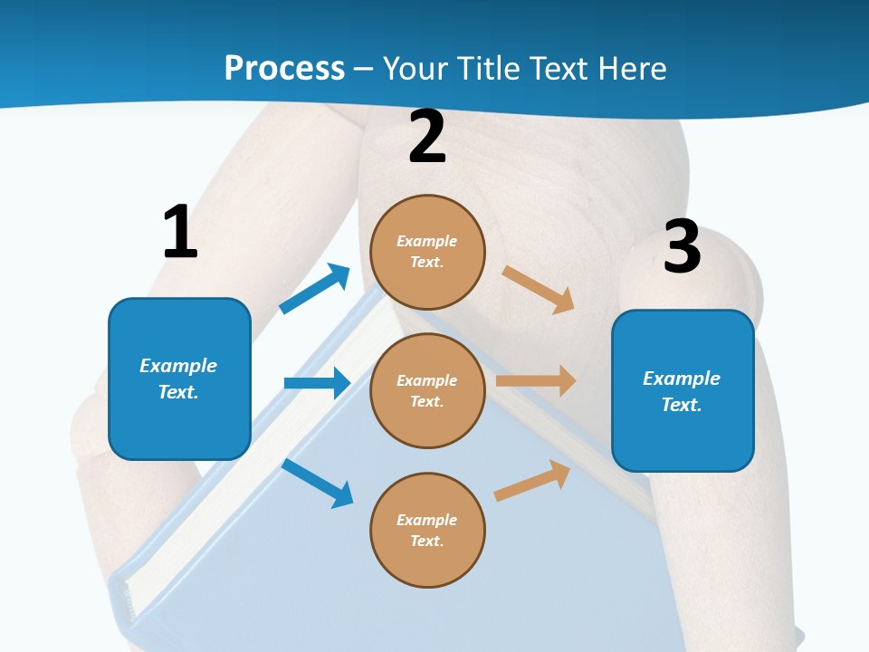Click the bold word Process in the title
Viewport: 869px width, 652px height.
click(284, 69)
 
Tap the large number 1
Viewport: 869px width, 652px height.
click(180, 232)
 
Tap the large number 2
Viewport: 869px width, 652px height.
click(427, 137)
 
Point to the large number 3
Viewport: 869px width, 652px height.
click(682, 246)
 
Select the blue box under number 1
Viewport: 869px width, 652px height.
click(179, 379)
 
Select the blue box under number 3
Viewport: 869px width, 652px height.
click(683, 390)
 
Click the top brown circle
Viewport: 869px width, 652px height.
click(427, 252)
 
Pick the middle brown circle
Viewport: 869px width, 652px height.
click(427, 390)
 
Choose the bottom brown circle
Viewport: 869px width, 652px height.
click(427, 530)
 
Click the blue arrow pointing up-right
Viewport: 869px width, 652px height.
click(315, 289)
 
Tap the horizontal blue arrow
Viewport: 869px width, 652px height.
click(317, 383)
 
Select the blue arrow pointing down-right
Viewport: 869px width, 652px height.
click(317, 483)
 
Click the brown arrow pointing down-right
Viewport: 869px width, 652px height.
click(539, 290)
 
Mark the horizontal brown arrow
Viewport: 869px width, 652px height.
click(536, 381)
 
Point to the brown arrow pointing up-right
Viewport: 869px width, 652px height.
click(532, 480)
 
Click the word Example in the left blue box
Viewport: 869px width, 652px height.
click(178, 366)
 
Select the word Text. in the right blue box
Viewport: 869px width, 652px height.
click(682, 405)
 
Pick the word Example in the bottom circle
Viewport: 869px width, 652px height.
click(426, 520)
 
